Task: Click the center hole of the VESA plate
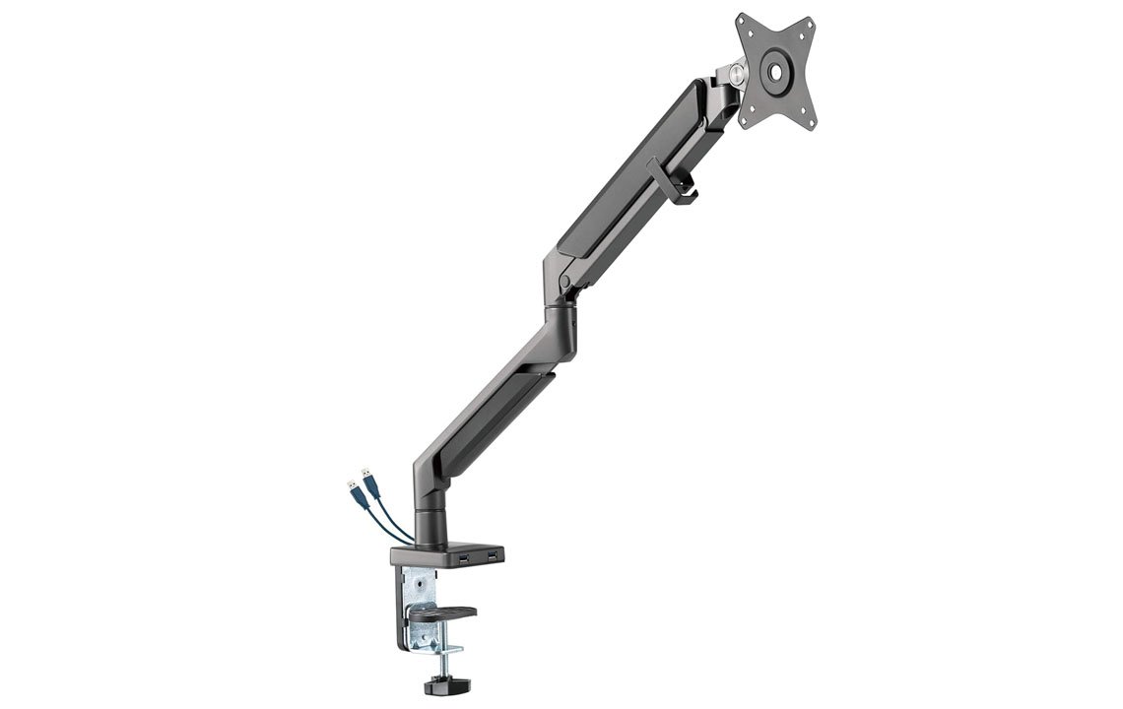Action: tap(774, 72)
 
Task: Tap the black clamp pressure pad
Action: tap(441, 613)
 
